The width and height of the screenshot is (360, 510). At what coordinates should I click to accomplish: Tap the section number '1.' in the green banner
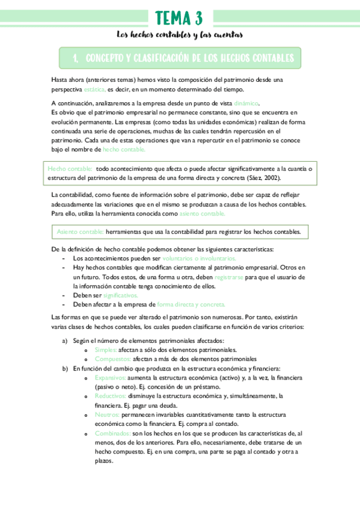pyautogui.click(x=76, y=58)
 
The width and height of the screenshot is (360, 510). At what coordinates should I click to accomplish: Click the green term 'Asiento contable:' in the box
pyautogui.click(x=81, y=232)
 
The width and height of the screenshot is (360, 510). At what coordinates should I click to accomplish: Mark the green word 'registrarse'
pyautogui.click(x=230, y=277)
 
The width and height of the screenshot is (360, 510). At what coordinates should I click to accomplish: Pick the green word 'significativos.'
pyautogui.click(x=120, y=295)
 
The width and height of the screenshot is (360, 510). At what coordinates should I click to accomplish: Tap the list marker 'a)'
pyautogui.click(x=65, y=340)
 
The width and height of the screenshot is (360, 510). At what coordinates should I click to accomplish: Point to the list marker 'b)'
pyautogui.click(x=65, y=368)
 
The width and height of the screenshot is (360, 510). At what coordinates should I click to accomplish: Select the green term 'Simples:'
pyautogui.click(x=106, y=349)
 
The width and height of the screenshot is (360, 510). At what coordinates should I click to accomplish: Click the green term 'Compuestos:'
pyautogui.click(x=112, y=358)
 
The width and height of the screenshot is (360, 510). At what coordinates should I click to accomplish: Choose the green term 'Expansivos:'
pyautogui.click(x=110, y=377)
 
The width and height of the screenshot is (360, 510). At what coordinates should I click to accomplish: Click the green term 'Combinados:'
pyautogui.click(x=112, y=433)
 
